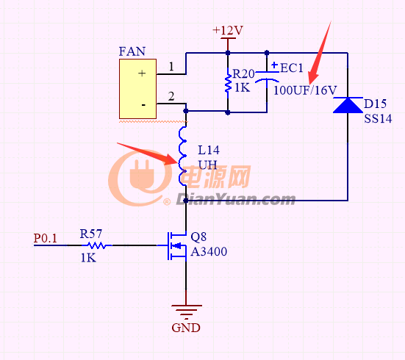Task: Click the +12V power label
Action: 228,30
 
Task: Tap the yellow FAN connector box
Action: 137,89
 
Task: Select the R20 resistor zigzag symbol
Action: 228,83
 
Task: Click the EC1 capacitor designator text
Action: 291,68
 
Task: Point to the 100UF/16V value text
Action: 305,90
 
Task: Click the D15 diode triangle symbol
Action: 348,105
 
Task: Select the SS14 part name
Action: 378,118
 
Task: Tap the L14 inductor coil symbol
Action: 183,156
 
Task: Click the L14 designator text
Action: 209,150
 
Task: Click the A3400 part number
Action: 209,251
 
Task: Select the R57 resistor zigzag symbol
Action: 97,245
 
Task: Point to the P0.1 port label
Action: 45,238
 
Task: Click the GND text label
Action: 186,328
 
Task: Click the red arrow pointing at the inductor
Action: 148,154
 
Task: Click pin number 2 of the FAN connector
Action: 171,96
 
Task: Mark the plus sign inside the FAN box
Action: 142,73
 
